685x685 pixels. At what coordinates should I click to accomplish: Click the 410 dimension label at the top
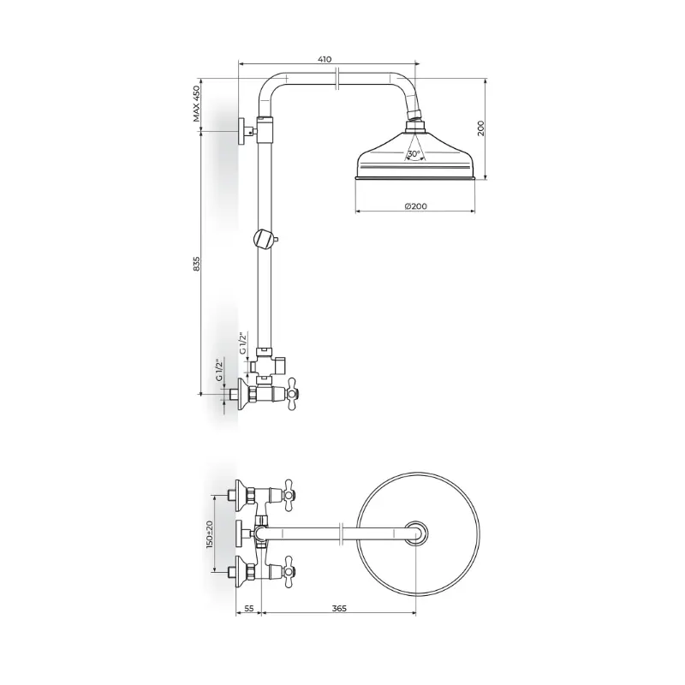[x=325, y=59]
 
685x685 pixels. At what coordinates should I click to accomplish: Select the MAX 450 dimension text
[x=197, y=104]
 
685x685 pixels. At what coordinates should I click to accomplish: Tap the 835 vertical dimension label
[x=197, y=264]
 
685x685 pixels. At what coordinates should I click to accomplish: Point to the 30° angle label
[x=414, y=154]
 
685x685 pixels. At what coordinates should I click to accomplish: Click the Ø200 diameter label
[x=415, y=206]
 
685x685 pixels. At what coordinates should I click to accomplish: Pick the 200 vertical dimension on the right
[x=481, y=128]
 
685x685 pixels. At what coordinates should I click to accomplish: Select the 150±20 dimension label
[x=210, y=534]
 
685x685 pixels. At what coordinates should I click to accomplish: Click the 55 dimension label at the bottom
[x=248, y=609]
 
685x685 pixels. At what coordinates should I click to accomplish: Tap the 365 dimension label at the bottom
[x=339, y=609]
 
